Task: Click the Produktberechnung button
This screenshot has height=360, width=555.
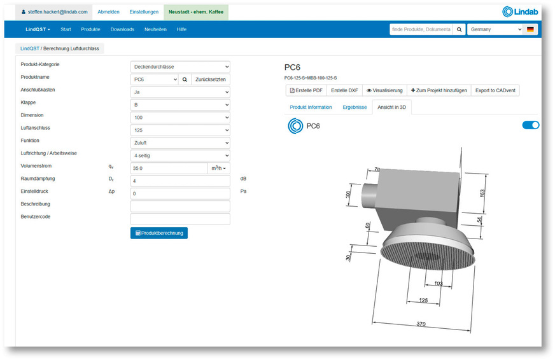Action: click(x=158, y=233)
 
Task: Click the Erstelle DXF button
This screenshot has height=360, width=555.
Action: click(x=344, y=90)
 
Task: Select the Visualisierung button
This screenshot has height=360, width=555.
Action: click(x=384, y=90)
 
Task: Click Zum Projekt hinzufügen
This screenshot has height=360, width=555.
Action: click(x=439, y=90)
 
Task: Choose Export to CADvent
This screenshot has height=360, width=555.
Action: click(x=495, y=90)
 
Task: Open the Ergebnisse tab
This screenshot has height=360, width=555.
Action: click(x=355, y=107)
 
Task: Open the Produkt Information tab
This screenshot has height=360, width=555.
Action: click(x=311, y=107)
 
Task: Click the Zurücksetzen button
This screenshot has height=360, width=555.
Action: click(x=210, y=80)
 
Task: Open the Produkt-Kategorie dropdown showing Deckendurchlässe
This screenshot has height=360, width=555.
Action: click(x=180, y=67)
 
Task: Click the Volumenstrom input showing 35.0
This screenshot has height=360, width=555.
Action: click(x=169, y=169)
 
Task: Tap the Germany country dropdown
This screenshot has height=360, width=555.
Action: click(x=495, y=29)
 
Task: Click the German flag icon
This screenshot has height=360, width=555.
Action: click(x=530, y=29)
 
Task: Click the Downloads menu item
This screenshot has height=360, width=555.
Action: click(x=122, y=29)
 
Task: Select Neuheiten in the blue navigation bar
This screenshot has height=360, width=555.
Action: click(x=155, y=29)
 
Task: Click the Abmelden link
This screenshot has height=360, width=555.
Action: click(x=108, y=11)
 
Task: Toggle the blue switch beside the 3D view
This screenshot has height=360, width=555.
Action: click(x=530, y=125)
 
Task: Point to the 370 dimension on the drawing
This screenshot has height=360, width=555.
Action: click(x=421, y=324)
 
